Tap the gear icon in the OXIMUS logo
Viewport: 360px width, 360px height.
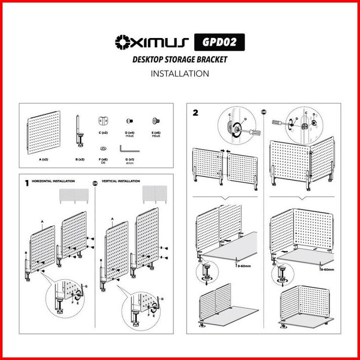coord(123,41)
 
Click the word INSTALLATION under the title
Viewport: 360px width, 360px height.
coord(179,74)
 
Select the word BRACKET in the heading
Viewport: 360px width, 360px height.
coord(211,59)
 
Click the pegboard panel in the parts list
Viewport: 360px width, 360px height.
coord(43,131)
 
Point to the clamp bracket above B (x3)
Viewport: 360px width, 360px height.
coord(80,131)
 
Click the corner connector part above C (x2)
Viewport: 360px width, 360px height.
coord(103,121)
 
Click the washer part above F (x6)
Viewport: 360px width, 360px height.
coord(103,148)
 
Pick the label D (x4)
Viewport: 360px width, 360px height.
coord(129,132)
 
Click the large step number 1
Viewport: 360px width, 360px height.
coord(27,182)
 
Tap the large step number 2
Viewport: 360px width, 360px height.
coord(195,113)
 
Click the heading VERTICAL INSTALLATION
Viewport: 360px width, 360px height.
coord(121,181)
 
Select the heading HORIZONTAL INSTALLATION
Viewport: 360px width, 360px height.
coord(53,181)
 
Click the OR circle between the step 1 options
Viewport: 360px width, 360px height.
coord(95,182)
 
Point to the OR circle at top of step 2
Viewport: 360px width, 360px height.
coord(263,112)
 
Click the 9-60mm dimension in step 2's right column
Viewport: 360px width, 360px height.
coord(327,269)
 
